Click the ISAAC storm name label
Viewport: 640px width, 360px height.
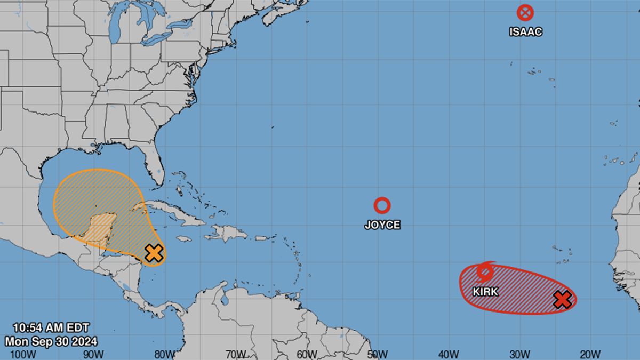tap(525, 31)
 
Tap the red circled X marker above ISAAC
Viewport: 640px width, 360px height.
tap(525, 13)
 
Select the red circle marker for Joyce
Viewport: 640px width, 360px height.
tap(382, 205)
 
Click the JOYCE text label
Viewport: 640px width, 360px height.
tap(382, 225)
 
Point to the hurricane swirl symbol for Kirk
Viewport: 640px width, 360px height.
tap(485, 271)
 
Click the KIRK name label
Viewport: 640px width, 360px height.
tap(485, 292)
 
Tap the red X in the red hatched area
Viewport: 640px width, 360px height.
tap(562, 300)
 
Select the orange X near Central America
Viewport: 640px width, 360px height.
tap(154, 253)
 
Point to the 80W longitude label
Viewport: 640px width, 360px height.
tap(164, 354)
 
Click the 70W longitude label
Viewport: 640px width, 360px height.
tap(235, 354)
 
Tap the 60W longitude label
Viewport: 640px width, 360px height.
tap(306, 354)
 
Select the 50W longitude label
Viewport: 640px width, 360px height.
tap(377, 354)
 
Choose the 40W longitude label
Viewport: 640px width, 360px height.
tap(448, 354)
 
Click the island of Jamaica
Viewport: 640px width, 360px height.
tap(183, 239)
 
